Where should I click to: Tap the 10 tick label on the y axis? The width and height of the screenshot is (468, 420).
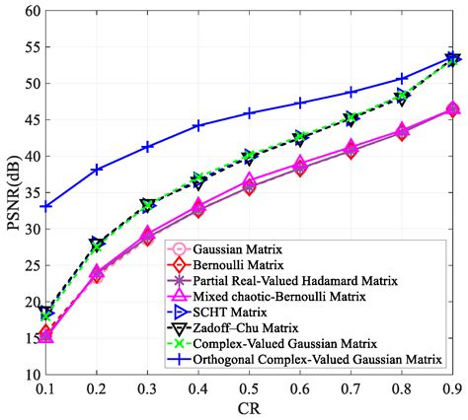click(31, 375)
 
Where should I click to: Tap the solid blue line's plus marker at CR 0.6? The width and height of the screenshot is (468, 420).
click(300, 103)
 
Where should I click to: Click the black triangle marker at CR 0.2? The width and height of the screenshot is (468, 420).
click(97, 243)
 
